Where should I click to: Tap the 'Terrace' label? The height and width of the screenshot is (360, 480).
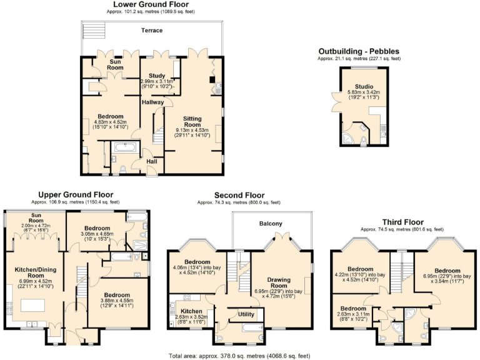[151, 30]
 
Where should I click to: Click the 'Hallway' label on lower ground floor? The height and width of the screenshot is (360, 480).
[152, 102]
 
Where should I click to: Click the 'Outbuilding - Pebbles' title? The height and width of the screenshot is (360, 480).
[359, 51]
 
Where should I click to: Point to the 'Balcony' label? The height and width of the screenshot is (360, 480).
[271, 223]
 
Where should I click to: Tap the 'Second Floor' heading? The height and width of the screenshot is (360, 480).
[239, 195]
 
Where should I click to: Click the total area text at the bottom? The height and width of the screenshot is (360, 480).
[239, 355]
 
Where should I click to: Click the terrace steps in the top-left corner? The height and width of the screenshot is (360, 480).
[92, 29]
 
